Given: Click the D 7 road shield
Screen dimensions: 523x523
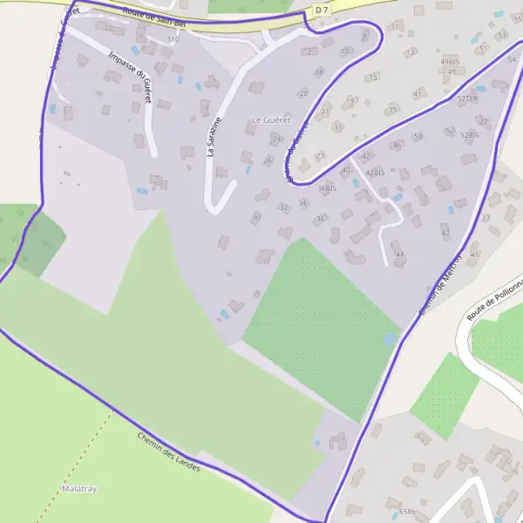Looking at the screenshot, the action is [323, 9].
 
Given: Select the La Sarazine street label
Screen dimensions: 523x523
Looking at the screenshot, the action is [212, 137].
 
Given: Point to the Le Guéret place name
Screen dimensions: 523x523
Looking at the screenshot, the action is [270, 119].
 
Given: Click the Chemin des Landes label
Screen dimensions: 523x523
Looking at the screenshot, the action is [168, 452].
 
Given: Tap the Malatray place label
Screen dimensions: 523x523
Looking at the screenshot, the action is [79, 489].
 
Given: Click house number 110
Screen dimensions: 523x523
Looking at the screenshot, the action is [173, 39].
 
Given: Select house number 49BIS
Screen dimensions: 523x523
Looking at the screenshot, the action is [450, 63].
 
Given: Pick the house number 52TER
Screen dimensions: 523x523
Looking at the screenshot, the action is [468, 99].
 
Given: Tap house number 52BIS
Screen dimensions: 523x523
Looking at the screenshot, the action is [470, 135].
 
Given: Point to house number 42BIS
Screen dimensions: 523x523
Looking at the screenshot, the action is [376, 173].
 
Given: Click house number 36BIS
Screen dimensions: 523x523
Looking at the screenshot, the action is [327, 187].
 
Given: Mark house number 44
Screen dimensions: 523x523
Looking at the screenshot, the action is [400, 254].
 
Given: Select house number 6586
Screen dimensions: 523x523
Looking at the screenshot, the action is [407, 512].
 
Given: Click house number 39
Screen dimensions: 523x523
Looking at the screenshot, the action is [393, 109].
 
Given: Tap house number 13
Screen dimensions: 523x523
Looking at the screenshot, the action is [410, 52].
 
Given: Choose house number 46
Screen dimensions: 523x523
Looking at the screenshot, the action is [397, 146].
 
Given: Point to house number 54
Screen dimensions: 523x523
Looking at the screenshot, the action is [512, 58].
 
